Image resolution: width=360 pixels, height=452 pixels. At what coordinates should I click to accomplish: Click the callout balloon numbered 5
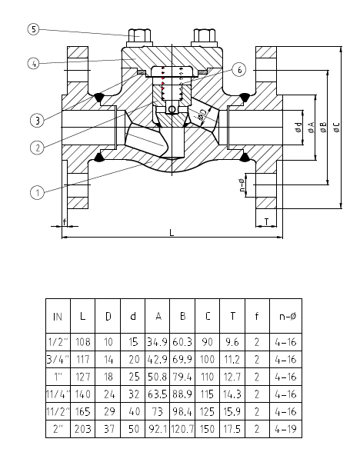(x=34, y=29)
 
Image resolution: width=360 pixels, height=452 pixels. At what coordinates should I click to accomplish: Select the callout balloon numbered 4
(x=34, y=63)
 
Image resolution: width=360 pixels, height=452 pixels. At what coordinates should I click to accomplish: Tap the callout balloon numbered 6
(x=239, y=69)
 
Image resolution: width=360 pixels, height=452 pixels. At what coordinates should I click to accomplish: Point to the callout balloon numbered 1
(x=37, y=192)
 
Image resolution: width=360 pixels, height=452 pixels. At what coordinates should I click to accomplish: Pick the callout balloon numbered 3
(x=37, y=120)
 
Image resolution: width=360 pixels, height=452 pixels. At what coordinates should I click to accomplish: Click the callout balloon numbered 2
(x=37, y=148)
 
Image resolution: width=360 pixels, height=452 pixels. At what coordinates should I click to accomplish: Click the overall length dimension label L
(x=172, y=232)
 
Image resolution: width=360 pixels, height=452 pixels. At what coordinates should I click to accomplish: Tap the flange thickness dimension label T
(x=266, y=221)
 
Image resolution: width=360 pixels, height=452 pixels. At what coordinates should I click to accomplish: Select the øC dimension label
(x=336, y=127)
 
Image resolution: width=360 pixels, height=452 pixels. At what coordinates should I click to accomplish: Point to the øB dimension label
(x=323, y=127)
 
